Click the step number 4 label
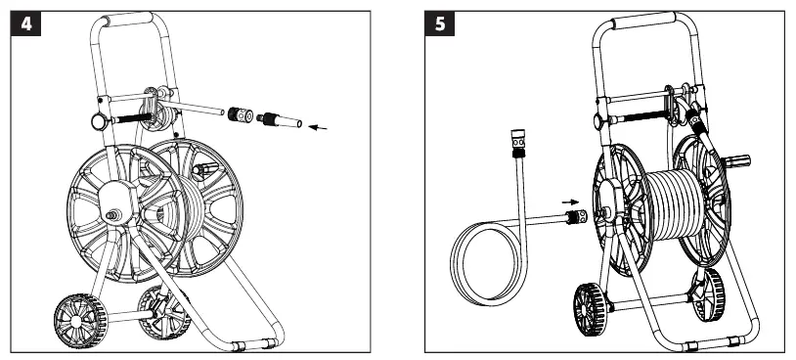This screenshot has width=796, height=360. click(x=25, y=23)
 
